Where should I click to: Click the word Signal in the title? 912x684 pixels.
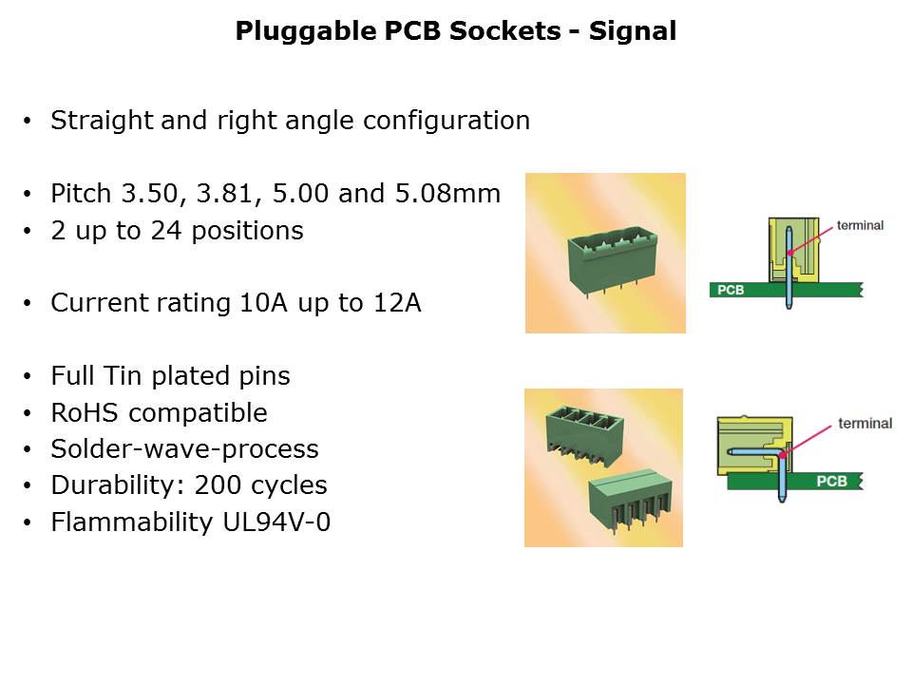(633, 31)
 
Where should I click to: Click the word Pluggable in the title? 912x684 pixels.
(305, 31)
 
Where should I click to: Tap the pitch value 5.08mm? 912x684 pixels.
(447, 194)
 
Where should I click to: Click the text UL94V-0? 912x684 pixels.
(276, 522)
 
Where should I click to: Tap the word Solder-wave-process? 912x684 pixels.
(185, 449)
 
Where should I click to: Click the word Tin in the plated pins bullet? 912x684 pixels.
(122, 376)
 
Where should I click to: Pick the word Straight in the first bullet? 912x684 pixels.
(102, 121)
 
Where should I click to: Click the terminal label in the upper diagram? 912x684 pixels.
(860, 225)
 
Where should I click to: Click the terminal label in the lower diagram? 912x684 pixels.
(864, 424)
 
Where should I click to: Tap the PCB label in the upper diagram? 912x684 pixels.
(731, 290)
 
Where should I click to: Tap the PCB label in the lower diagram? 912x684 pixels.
(831, 481)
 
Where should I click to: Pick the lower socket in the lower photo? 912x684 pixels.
(631, 501)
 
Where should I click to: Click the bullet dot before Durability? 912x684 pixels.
(28, 485)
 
